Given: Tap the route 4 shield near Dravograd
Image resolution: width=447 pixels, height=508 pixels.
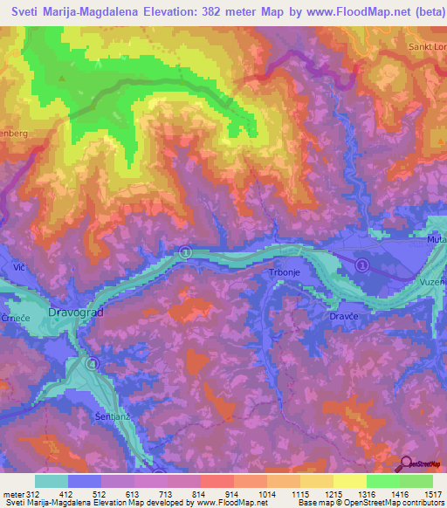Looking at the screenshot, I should [x=93, y=361].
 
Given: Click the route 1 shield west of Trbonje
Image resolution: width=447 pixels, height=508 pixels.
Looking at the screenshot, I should [x=185, y=251].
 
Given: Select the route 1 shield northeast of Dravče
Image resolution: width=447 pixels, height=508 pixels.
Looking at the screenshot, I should [x=363, y=264].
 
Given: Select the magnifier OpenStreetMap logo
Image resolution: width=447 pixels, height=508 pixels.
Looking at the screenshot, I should [x=407, y=463].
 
